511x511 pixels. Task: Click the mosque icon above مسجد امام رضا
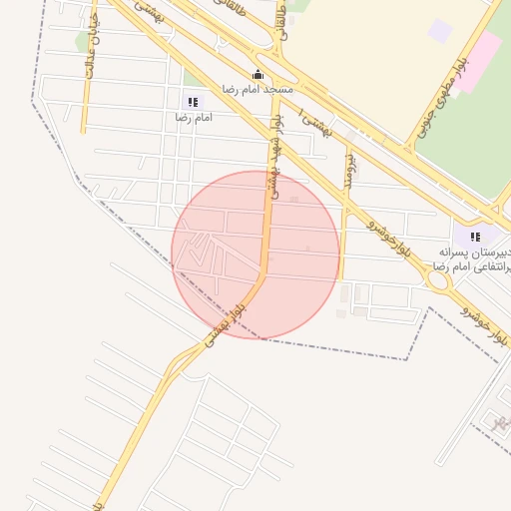click(257, 74)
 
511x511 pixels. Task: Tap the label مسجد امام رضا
click(257, 90)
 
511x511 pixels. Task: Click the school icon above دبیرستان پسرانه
click(475, 237)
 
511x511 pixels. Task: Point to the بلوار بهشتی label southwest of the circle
click(224, 325)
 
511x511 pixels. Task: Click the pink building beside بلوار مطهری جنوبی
click(480, 59)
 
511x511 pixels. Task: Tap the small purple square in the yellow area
click(440, 31)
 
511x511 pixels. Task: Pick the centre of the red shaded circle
click(255, 255)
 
